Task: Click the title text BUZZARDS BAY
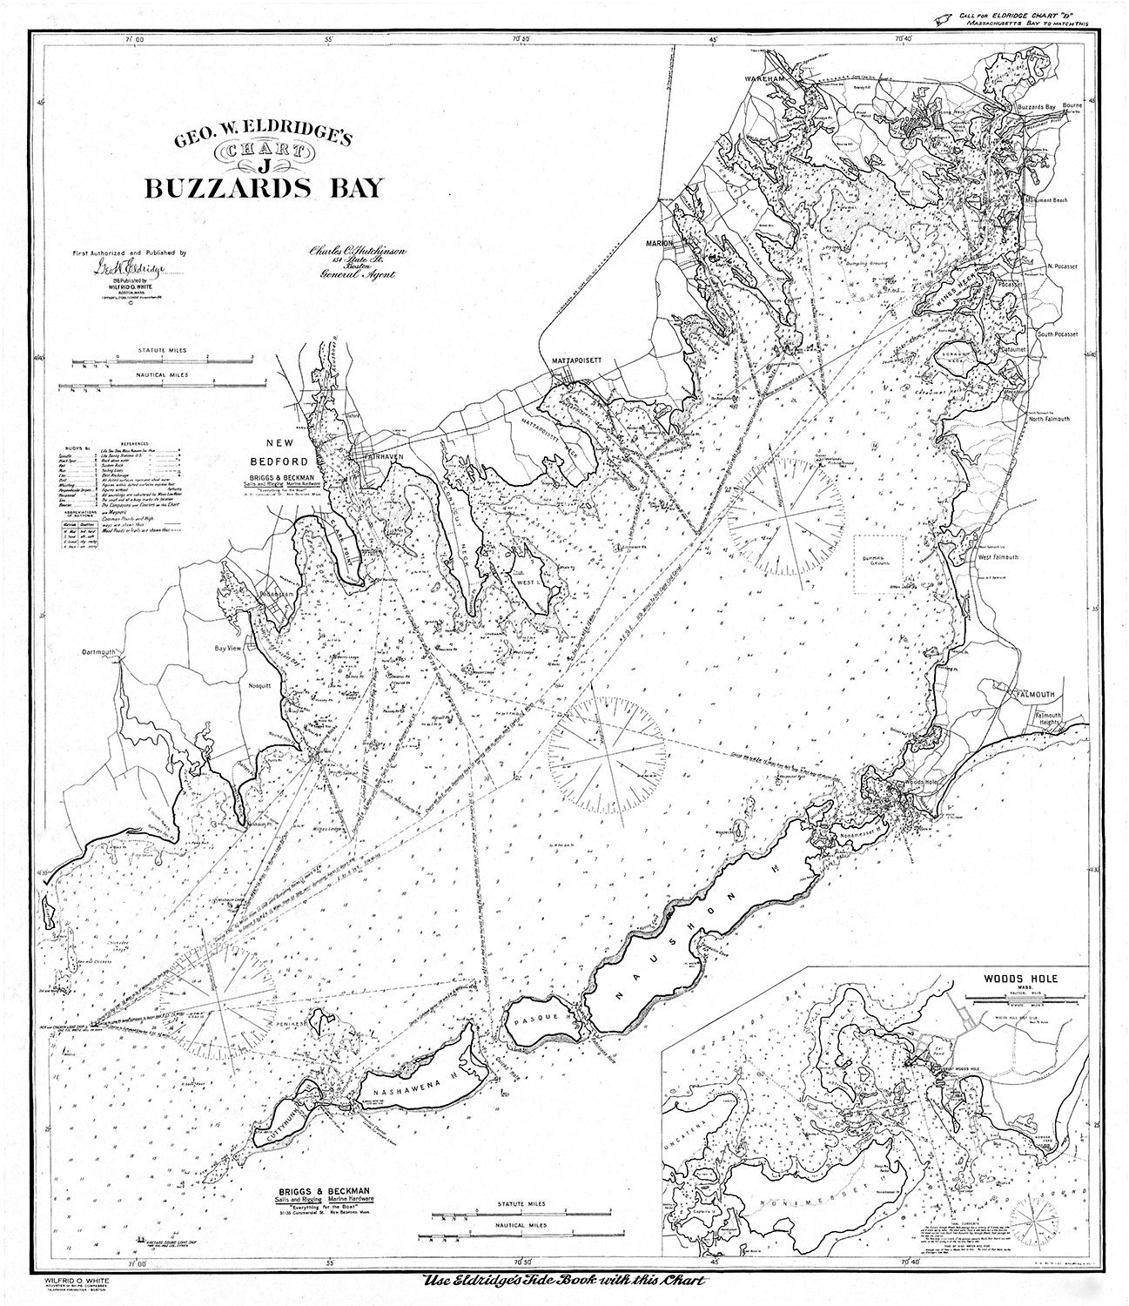tap(263, 189)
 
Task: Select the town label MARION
tap(661, 243)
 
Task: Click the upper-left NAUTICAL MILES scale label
tap(162, 376)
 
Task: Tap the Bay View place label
tap(230, 648)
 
